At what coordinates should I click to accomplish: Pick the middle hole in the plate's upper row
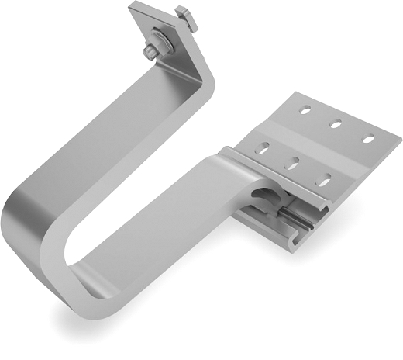point(337,122)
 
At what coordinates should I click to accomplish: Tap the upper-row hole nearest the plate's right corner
point(369,140)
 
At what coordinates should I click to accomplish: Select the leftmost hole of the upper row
point(305,109)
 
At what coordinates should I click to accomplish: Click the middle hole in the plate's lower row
point(294,163)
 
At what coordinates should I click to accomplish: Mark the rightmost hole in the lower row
point(324,180)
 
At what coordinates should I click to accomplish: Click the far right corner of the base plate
point(398,139)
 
